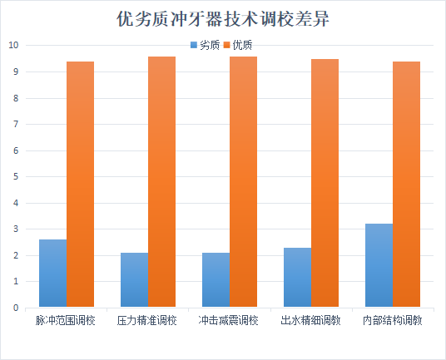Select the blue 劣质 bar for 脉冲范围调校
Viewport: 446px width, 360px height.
(52, 274)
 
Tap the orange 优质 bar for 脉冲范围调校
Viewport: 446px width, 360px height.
(80, 185)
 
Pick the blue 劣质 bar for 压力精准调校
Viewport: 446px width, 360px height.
(134, 280)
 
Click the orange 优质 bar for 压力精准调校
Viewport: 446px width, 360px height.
(161, 182)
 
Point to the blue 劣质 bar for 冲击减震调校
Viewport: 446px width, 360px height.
(216, 280)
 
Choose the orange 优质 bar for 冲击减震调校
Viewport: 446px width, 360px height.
(243, 182)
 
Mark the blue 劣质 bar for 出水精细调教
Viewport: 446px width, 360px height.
(297, 278)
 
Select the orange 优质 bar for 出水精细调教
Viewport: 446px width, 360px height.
(325, 183)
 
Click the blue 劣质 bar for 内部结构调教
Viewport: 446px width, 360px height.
(379, 266)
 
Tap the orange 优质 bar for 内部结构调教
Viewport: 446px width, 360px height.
(406, 185)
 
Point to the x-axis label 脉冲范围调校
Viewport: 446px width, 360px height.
(66, 320)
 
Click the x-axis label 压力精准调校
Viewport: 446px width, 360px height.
(147, 320)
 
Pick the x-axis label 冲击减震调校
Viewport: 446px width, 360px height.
(229, 320)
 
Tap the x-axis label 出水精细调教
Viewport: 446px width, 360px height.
(310, 320)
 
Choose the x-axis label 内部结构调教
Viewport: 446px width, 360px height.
(392, 320)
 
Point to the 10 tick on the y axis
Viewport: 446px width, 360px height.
(12, 46)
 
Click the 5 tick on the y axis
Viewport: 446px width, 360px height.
(15, 177)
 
